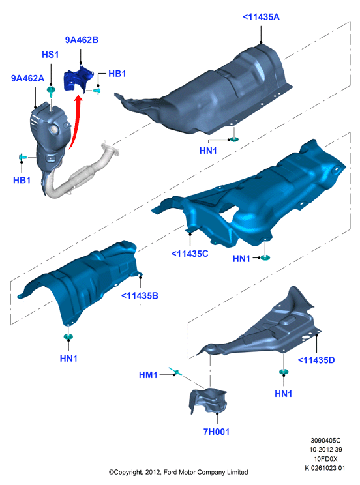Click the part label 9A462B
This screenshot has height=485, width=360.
coord(82,40)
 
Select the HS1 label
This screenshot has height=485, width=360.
coord(50,55)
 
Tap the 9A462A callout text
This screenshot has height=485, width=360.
coord(27,78)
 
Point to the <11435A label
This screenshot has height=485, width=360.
coord(261,17)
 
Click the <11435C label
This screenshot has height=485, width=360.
coord(190,254)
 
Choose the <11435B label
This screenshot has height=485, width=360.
coord(140,296)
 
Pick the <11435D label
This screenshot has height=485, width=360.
coord(316,360)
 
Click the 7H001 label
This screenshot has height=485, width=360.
coord(217,432)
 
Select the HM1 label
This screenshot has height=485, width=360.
coord(148,375)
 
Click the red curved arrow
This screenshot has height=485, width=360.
coord(76,122)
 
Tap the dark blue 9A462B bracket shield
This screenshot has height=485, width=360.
coord(78,79)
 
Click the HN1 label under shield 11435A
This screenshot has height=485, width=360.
coord(208,151)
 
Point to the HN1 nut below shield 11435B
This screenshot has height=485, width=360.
coord(68,336)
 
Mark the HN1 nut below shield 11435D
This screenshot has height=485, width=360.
coord(284,372)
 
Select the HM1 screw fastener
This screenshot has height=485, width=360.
coord(175,371)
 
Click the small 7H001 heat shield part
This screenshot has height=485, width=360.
coord(208,400)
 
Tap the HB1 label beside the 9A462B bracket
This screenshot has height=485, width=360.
coord(117,74)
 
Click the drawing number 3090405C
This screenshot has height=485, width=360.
coord(325,441)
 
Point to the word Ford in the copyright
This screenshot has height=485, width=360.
coord(170,472)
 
